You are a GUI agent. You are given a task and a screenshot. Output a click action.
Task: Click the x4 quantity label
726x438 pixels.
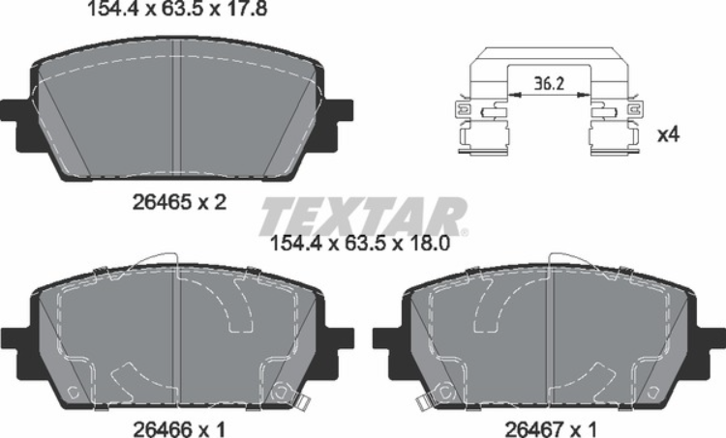668,135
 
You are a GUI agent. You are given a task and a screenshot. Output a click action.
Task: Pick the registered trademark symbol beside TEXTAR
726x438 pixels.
465,233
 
